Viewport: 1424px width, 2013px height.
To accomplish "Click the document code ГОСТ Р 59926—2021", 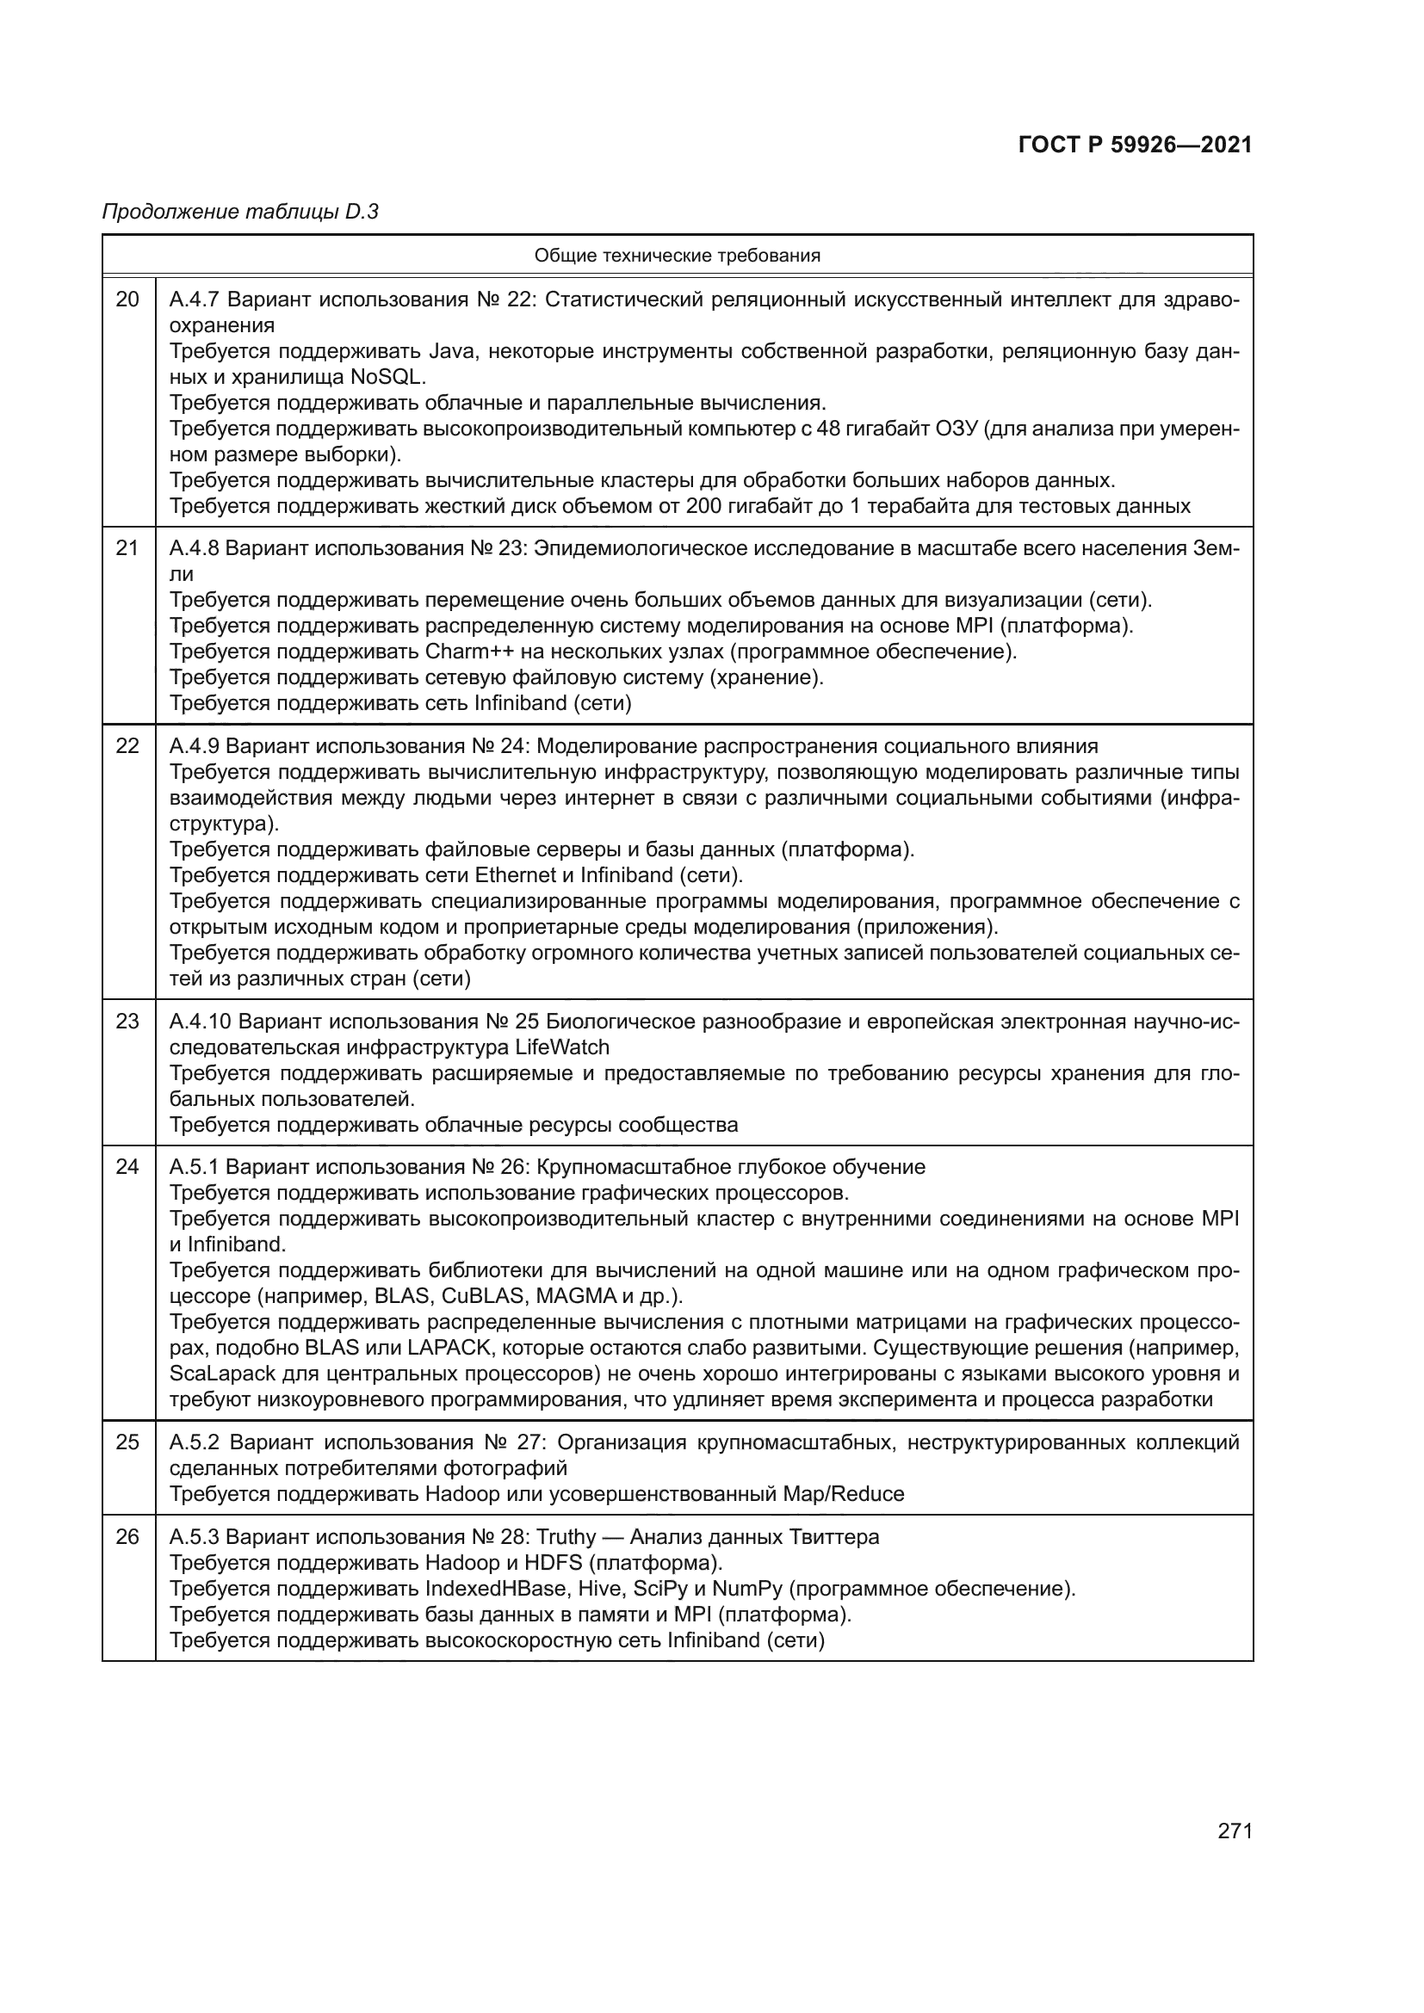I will coord(1135,145).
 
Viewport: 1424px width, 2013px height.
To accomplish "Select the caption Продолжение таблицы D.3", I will coord(240,212).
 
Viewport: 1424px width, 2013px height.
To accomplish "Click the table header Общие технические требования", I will coord(677,256).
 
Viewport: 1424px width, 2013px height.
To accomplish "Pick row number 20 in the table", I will coord(128,299).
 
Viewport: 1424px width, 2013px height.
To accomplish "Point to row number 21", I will coord(128,549).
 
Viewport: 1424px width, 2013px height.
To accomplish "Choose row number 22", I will coord(128,746).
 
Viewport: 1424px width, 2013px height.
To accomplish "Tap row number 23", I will coord(128,1022).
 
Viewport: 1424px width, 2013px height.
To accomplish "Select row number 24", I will coord(128,1167).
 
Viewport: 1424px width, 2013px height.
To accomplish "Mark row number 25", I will coord(128,1442).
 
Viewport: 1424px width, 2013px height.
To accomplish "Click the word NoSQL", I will coord(387,377).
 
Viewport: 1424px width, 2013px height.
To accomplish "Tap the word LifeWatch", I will coord(562,1047).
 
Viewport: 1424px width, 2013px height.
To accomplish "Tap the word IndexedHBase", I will coord(495,1589).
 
